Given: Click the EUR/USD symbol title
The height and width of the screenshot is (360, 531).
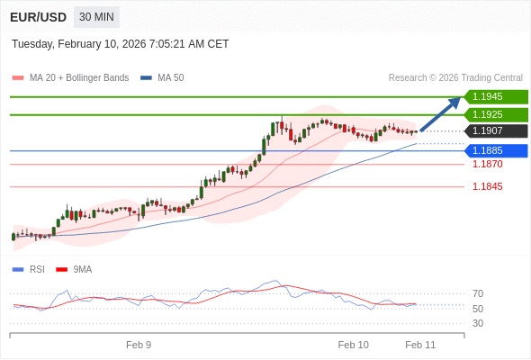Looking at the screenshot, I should click(x=39, y=17).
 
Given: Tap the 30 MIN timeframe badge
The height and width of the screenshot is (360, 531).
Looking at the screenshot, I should click(x=95, y=17).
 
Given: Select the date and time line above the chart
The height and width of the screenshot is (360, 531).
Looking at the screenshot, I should click(x=121, y=44).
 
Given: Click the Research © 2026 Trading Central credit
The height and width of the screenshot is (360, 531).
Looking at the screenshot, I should click(x=455, y=78).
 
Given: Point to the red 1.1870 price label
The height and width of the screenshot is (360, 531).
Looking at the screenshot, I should click(x=488, y=165).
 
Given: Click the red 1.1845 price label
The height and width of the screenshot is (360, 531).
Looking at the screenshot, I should click(x=488, y=187).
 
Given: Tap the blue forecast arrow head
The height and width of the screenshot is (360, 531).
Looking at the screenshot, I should click(x=454, y=103).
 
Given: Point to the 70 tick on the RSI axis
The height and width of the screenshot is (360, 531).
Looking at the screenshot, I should click(x=478, y=293).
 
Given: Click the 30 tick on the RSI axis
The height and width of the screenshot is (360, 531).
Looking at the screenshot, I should click(x=478, y=323).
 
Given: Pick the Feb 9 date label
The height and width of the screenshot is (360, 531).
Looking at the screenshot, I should click(x=139, y=345).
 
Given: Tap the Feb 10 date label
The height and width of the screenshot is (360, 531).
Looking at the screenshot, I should click(x=353, y=345).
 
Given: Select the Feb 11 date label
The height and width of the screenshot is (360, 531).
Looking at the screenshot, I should click(x=420, y=345).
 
